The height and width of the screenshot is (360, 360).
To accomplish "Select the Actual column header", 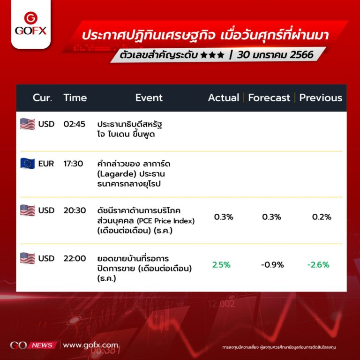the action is tap(224, 98).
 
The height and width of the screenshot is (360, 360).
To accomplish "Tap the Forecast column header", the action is tap(269, 98).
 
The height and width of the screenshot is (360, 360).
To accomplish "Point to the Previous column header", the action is tap(321, 98).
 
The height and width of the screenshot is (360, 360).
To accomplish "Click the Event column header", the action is tap(149, 98).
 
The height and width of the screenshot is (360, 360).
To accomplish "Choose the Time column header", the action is tap(75, 98).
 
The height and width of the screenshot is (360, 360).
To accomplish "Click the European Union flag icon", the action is tap(27, 164).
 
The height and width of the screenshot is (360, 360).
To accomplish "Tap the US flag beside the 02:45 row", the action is tap(27, 124).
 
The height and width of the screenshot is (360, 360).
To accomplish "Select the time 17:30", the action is tap(73, 164).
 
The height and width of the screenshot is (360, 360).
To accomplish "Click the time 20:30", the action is tap(75, 210).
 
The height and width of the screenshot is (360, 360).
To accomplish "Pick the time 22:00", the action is tap(75, 259).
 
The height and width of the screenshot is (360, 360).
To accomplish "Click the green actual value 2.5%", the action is tap(221, 265).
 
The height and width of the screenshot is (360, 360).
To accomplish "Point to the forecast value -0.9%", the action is tap(272, 265).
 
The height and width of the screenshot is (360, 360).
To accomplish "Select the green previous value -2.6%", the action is tap(318, 265).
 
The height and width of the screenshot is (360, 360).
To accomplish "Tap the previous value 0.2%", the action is tap(322, 217).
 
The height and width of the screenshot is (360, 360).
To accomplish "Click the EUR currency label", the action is tap(46, 164).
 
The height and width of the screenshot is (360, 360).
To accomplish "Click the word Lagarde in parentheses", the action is tap(117, 174).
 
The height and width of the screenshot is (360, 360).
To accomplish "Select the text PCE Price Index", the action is tap(166, 221).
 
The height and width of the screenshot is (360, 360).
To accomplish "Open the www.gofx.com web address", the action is tap(90, 345).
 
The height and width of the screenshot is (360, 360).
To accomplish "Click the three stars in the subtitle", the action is tap(212, 55).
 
